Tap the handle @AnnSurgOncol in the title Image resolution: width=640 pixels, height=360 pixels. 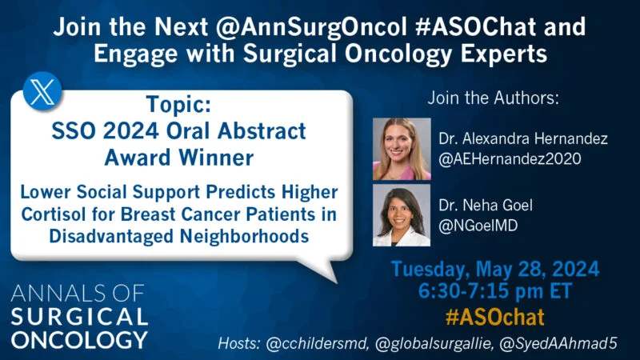308,28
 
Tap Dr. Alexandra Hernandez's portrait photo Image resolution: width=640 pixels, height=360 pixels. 402,149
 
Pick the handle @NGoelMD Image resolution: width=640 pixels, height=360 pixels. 478,226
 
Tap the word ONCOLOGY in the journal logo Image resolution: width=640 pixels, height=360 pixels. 79,338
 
